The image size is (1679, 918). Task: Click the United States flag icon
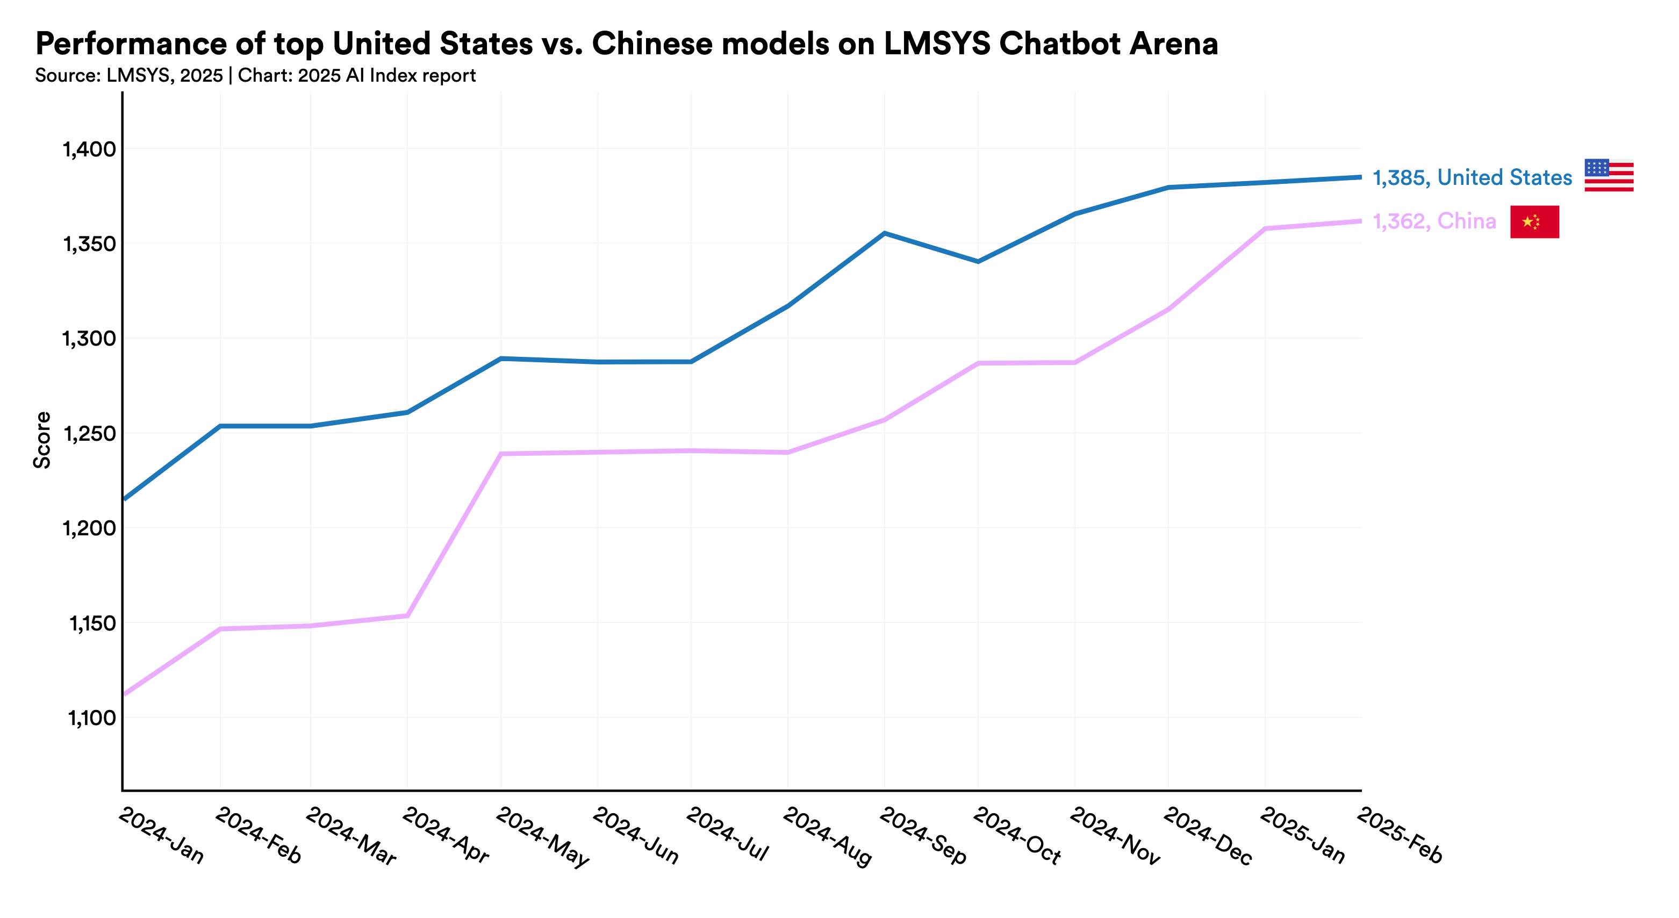1609,175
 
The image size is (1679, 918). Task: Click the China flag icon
1534,221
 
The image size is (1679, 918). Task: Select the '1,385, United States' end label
1472,177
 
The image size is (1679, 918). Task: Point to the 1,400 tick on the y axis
89,149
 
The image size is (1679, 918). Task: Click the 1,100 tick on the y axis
91,718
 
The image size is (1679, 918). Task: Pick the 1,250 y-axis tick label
89,434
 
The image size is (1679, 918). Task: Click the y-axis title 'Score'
42,440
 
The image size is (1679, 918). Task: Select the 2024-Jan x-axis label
162,835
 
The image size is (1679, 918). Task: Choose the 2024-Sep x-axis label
923,835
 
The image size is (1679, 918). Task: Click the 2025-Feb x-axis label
1400,835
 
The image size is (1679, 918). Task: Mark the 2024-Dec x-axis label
1207,835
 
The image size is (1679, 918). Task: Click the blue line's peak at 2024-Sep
884,233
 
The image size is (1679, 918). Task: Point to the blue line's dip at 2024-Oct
978,261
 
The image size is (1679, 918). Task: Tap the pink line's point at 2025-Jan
1265,228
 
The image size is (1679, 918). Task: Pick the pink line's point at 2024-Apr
407,615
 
